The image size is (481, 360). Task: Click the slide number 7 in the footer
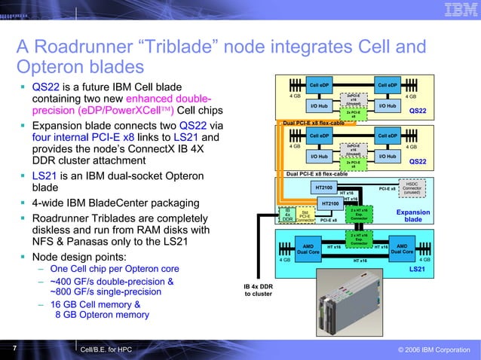coord(14,348)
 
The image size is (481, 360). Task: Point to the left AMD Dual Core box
coord(308,249)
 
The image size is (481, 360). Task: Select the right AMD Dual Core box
coord(401,249)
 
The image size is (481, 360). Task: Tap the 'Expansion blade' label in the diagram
coord(412,216)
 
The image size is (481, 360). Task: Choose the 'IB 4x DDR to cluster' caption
coord(258,290)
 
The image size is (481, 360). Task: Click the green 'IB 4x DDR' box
coord(287,215)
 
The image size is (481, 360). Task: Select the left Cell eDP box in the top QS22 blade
coord(320,85)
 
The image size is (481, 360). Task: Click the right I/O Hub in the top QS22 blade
coord(387,106)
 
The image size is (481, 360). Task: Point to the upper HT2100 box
coord(323,187)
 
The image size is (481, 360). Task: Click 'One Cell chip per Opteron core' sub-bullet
coord(114,269)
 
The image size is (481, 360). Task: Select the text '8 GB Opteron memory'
coord(102,315)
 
